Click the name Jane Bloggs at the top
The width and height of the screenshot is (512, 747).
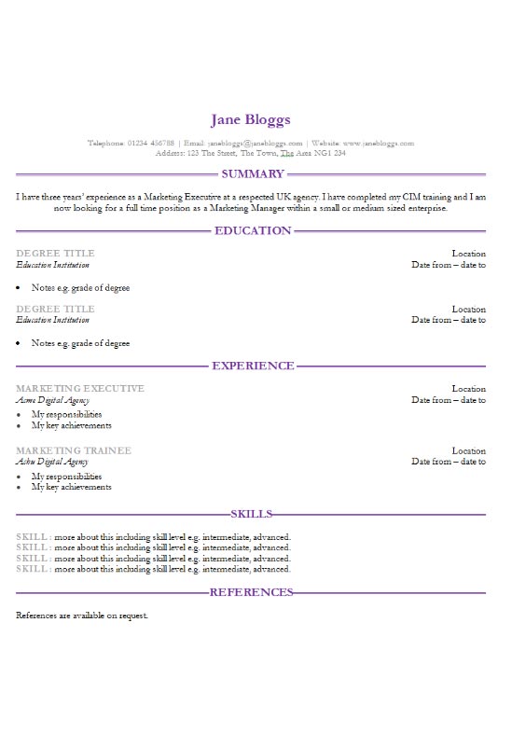click(251, 119)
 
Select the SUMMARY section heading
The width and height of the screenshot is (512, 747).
click(252, 173)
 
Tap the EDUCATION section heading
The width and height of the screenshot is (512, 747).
click(253, 230)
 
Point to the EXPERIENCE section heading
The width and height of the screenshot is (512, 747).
click(253, 366)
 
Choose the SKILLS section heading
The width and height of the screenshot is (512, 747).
click(252, 514)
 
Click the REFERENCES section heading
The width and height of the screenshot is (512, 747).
click(252, 592)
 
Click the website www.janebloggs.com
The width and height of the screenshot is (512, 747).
click(379, 143)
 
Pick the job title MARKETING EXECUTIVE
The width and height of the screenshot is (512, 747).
click(80, 389)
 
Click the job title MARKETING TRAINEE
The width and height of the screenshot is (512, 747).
click(74, 450)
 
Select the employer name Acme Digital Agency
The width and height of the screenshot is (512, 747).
click(52, 400)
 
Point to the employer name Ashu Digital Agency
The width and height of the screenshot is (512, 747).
click(52, 462)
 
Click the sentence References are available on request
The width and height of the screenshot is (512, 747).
click(82, 616)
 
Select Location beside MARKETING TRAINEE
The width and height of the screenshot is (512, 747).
click(468, 450)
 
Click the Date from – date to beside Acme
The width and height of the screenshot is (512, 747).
click(449, 400)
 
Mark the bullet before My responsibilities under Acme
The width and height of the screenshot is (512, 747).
click(20, 415)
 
